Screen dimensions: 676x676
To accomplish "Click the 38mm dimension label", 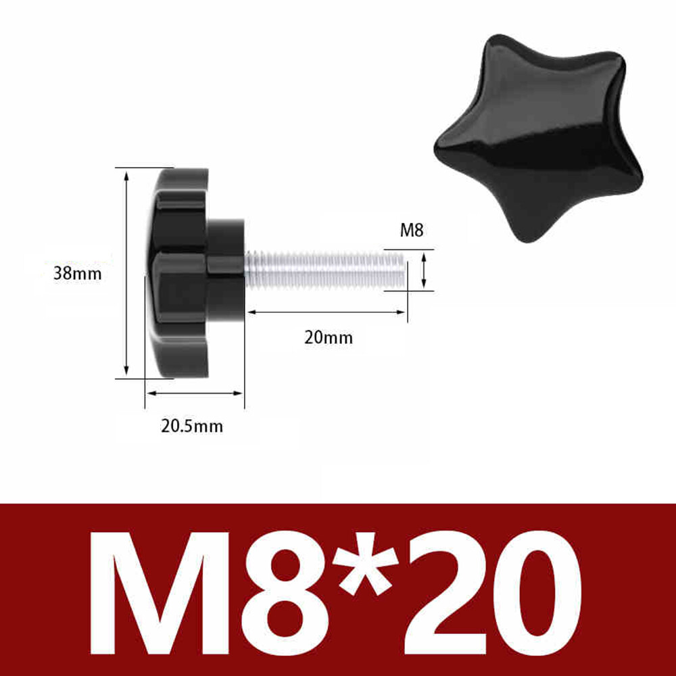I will pos(77,274).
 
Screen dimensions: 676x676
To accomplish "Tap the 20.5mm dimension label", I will pos(191,426).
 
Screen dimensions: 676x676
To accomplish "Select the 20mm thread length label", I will pos(328,337).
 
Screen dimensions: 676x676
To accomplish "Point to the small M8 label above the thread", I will pos(411,231).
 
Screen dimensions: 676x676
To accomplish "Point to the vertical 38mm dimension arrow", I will pos(126,274).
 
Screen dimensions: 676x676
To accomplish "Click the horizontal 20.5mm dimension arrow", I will pos(195,393).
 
